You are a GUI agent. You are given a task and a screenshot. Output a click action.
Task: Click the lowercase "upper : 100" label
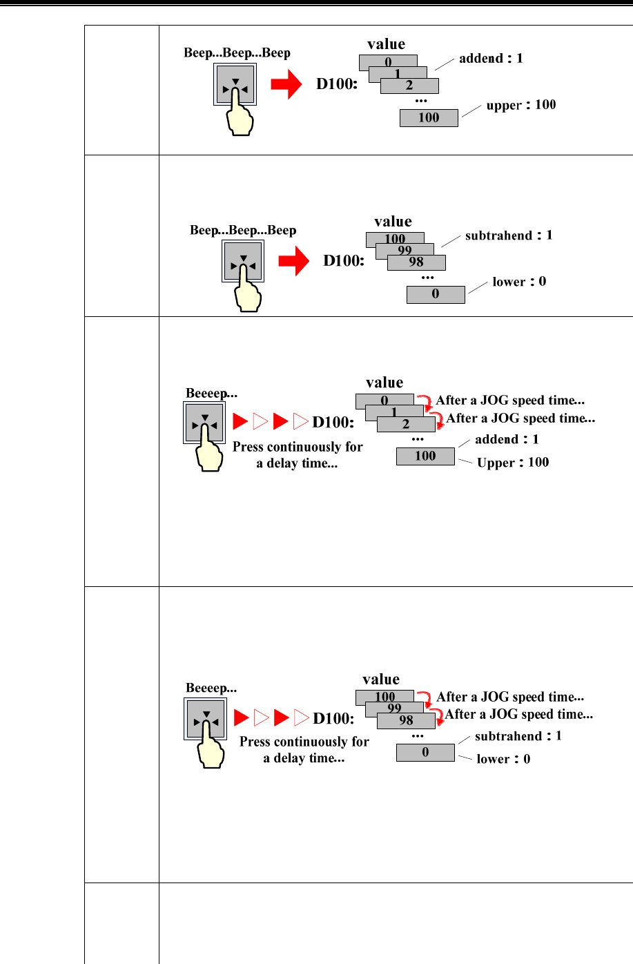(520, 105)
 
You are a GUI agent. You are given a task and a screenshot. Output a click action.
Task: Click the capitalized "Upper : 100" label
(513, 463)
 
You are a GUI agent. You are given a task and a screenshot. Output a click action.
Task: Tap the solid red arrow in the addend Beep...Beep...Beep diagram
(286, 85)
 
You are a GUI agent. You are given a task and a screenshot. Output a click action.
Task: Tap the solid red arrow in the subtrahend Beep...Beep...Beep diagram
(293, 262)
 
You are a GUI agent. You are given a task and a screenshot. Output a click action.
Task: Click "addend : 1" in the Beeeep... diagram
(507, 440)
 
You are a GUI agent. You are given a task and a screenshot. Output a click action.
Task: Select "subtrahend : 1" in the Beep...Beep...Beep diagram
(509, 235)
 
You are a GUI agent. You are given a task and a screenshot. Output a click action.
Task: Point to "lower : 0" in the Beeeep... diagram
(503, 759)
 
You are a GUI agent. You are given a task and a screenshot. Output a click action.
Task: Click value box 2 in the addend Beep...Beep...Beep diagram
(409, 86)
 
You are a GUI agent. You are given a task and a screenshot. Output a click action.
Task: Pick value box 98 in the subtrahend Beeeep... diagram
(407, 720)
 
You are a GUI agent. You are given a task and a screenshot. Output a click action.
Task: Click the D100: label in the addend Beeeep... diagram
(333, 422)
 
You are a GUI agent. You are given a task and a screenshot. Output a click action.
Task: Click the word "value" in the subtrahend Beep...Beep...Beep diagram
(393, 222)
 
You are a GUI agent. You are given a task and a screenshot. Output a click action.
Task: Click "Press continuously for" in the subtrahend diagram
(304, 742)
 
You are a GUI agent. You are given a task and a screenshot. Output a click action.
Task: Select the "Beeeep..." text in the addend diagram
(211, 394)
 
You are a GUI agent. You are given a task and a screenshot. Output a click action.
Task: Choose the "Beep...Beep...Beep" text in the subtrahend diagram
(243, 230)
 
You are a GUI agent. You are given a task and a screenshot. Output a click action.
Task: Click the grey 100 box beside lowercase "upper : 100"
(429, 118)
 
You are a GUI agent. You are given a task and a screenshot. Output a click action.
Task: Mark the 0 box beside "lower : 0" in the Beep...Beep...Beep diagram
(436, 295)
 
